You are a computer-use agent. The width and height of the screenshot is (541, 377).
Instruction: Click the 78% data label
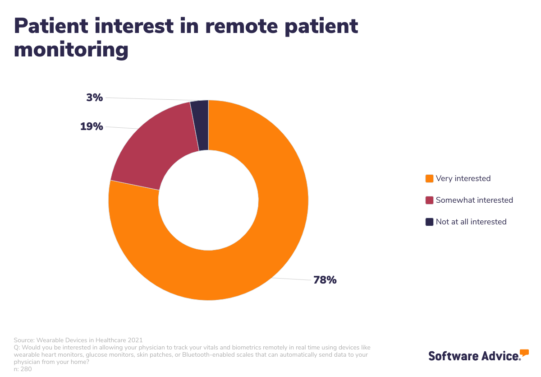(325, 280)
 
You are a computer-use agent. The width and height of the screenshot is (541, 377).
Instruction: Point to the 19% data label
(92, 126)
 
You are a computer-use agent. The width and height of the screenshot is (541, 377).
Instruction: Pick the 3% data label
(95, 97)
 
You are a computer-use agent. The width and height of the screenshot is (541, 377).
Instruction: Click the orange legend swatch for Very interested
(429, 178)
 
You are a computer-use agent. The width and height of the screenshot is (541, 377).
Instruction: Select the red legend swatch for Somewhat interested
(429, 200)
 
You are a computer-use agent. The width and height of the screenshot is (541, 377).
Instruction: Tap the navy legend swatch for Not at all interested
(429, 222)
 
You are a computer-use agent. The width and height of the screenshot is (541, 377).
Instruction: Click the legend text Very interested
(463, 178)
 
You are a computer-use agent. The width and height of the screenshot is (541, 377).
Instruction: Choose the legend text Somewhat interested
(474, 200)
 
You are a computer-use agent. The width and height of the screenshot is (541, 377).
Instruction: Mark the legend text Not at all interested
(471, 222)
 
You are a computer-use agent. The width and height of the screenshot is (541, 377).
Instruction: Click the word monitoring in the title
(71, 50)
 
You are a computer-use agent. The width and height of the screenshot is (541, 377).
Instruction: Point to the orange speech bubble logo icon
(524, 353)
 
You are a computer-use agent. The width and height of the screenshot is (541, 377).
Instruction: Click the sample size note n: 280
(23, 369)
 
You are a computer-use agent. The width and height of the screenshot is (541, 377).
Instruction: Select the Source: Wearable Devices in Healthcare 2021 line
(78, 340)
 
